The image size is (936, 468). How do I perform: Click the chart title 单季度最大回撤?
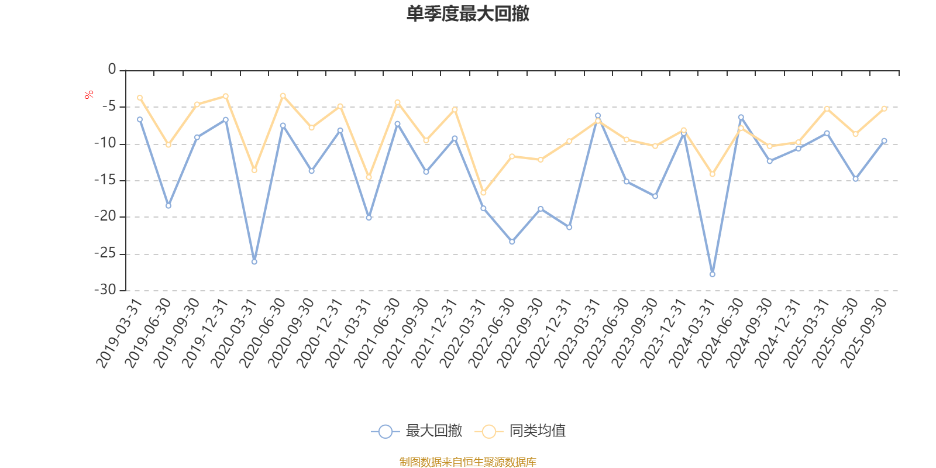pos(467,14)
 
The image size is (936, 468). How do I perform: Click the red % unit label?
pos(89,95)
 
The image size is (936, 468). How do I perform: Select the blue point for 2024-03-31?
pos(712,274)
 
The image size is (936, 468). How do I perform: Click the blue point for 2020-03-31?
pos(254,261)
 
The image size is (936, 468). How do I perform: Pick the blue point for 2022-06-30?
pos(512,242)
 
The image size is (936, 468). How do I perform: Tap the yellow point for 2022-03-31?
pos(483,192)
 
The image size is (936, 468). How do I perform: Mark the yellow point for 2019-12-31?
pos(225,96)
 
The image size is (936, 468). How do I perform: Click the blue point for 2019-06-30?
pos(168,206)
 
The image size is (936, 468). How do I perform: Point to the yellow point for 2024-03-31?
pos(712,174)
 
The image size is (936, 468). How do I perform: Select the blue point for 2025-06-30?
pos(855,178)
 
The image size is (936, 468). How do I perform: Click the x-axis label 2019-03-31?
pos(119,333)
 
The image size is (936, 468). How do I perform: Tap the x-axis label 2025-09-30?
pos(864,333)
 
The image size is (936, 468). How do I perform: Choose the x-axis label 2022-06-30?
pos(492,333)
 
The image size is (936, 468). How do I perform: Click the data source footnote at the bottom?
pos(467,462)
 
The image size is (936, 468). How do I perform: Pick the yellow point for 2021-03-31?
pos(369,177)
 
